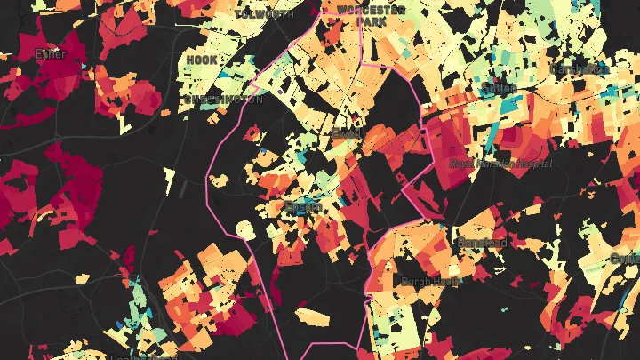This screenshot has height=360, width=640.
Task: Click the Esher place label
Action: (x=51, y=54)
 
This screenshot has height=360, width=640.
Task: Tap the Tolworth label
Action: (x=264, y=14)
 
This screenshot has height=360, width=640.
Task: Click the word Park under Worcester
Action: (x=371, y=21)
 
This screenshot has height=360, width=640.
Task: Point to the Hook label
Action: (x=202, y=60)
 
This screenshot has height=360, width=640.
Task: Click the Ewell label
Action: (x=343, y=133)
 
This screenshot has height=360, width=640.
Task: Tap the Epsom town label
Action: (x=301, y=207)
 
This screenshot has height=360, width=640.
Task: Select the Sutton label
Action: (x=500, y=88)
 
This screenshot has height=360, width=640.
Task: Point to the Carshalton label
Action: (x=579, y=68)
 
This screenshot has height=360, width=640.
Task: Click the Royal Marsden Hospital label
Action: (x=500, y=164)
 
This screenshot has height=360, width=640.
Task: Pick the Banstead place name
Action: (x=482, y=242)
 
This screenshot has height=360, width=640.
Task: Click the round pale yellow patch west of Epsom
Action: (x=245, y=231)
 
